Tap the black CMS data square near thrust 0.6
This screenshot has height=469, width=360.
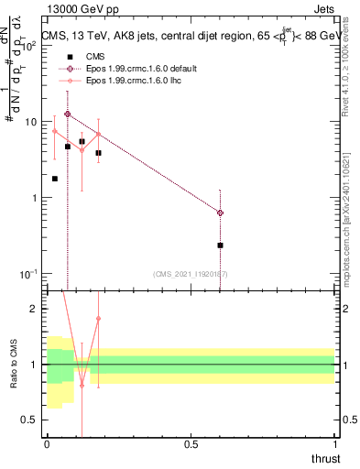click(220, 245)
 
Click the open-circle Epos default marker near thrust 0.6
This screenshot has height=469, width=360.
click(220, 213)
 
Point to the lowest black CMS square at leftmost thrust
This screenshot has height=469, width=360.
click(55, 179)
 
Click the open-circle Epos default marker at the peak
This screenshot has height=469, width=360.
click(68, 115)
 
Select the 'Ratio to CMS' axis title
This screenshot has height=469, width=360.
click(13, 364)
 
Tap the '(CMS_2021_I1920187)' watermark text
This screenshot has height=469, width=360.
click(190, 274)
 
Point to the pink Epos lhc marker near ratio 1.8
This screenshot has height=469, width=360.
click(98, 319)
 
